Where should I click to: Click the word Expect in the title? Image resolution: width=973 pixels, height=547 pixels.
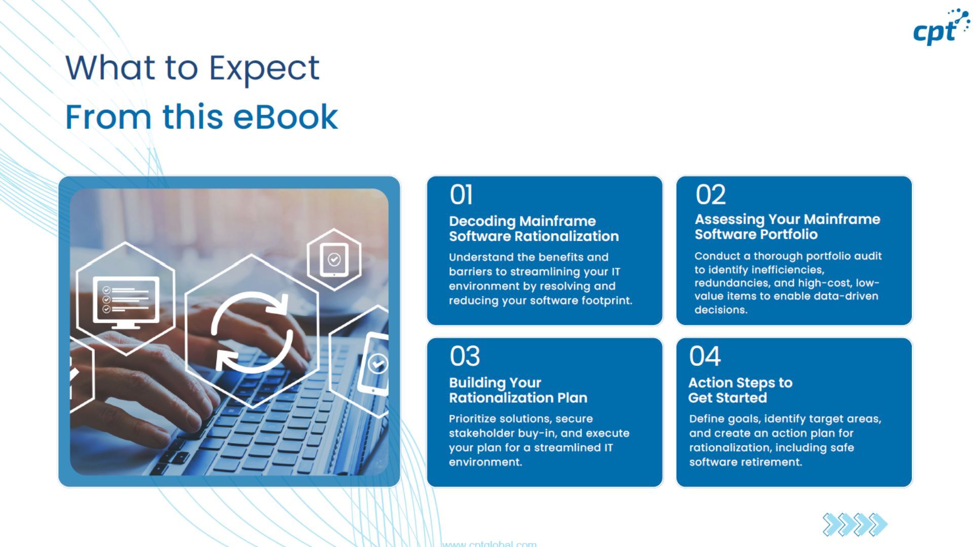click(264, 68)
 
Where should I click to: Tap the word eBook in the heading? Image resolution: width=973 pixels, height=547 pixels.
click(285, 118)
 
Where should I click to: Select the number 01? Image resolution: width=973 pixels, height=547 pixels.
click(461, 194)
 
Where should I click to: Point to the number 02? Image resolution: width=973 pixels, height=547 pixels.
click(710, 194)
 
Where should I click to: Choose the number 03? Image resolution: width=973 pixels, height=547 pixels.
click(465, 356)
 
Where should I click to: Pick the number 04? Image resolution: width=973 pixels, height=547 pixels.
click(704, 356)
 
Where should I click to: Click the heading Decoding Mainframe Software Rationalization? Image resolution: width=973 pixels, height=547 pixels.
click(534, 228)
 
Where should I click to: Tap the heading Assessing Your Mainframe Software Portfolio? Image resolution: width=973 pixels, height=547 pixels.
click(787, 226)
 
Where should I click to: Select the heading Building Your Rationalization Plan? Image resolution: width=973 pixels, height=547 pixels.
click(518, 390)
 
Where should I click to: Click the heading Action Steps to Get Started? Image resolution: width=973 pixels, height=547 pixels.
click(740, 390)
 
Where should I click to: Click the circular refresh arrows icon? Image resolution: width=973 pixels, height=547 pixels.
click(252, 331)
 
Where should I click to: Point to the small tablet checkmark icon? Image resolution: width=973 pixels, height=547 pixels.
click(334, 260)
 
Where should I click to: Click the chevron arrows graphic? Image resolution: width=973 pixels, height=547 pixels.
click(854, 524)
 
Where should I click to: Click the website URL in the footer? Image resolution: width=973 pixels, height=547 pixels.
click(489, 543)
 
